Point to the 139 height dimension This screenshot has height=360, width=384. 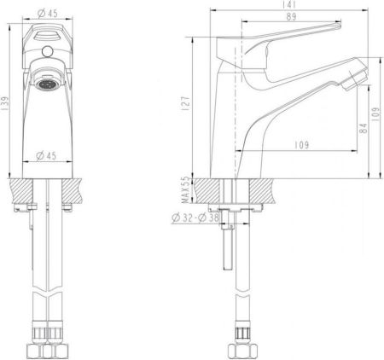[x=6, y=102]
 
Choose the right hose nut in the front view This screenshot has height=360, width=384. [x=57, y=348]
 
